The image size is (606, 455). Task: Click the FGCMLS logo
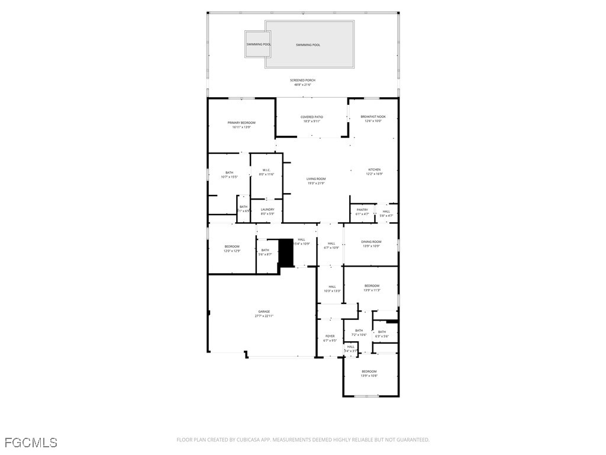pos(31,443)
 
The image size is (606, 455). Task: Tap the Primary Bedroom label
pos(241,123)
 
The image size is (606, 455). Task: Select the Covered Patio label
pos(311,117)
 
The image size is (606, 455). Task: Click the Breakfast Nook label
pos(373,117)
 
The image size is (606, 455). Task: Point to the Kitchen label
pos(374,169)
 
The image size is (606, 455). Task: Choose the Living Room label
pos(316,179)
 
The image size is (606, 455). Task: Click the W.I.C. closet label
pos(266,170)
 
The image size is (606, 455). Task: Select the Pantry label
pos(362,209)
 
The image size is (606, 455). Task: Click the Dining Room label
pos(371,241)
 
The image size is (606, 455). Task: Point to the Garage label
pos(264,312)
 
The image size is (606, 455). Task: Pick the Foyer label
pos(330,336)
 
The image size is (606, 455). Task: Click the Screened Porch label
pos(302,80)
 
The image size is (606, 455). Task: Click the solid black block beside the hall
pos(286,253)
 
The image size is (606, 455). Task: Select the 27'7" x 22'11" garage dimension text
pos(264,316)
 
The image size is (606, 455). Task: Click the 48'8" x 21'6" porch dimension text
pos(302,85)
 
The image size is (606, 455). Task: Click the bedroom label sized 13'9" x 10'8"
pos(369,371)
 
